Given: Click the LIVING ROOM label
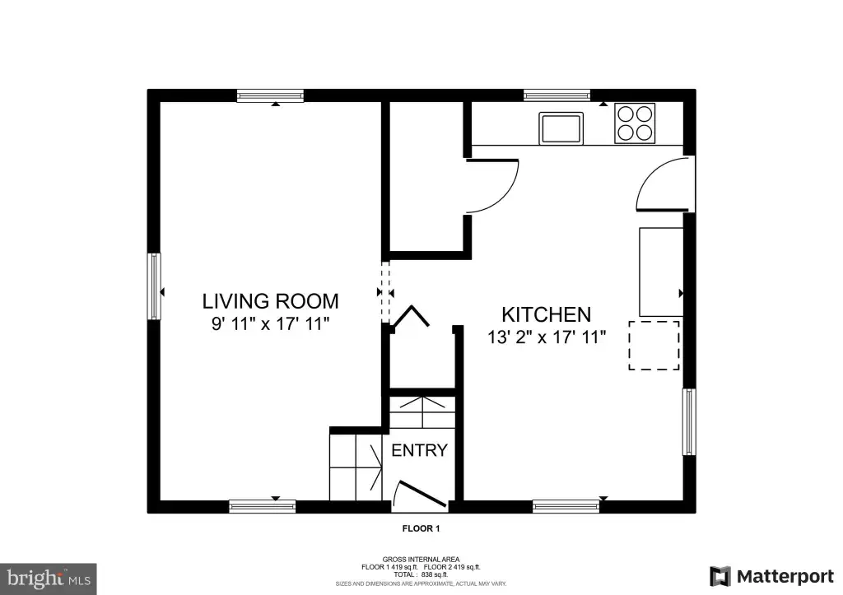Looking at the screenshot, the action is (x=270, y=301).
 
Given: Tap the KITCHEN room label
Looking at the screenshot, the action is (x=547, y=314).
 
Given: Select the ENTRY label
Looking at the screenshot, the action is (x=419, y=450).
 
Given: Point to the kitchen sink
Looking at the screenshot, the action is (x=561, y=128).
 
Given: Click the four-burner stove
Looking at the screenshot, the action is (x=635, y=123).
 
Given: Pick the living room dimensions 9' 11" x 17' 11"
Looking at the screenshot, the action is (x=270, y=324).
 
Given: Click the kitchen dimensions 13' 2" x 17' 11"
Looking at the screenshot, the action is (x=547, y=337).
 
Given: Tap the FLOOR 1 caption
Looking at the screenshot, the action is (x=421, y=528).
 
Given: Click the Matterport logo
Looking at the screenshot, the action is (x=771, y=577).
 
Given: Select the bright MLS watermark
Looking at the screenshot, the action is (x=49, y=579).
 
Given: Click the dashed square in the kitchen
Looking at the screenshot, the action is (x=654, y=346).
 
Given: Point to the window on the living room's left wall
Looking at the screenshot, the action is (x=154, y=286).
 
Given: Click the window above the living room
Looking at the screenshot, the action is (x=270, y=96).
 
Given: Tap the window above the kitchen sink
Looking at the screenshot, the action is (x=557, y=95).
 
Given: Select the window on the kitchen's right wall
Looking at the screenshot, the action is (x=689, y=422).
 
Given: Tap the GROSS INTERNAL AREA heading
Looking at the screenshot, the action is (x=421, y=560).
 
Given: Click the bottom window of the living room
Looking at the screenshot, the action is (x=263, y=506).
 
